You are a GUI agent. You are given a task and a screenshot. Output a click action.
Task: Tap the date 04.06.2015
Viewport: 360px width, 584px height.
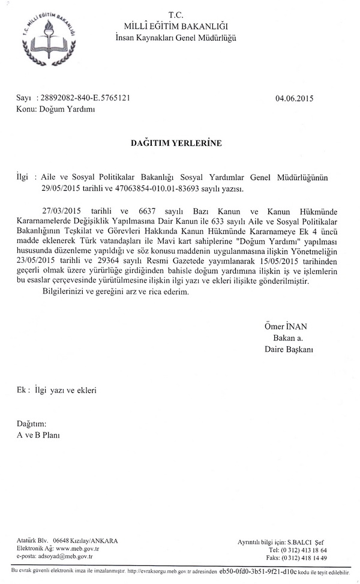(294, 98)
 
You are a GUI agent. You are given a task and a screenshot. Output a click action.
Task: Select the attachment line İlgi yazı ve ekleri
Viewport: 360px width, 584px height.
(65, 390)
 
